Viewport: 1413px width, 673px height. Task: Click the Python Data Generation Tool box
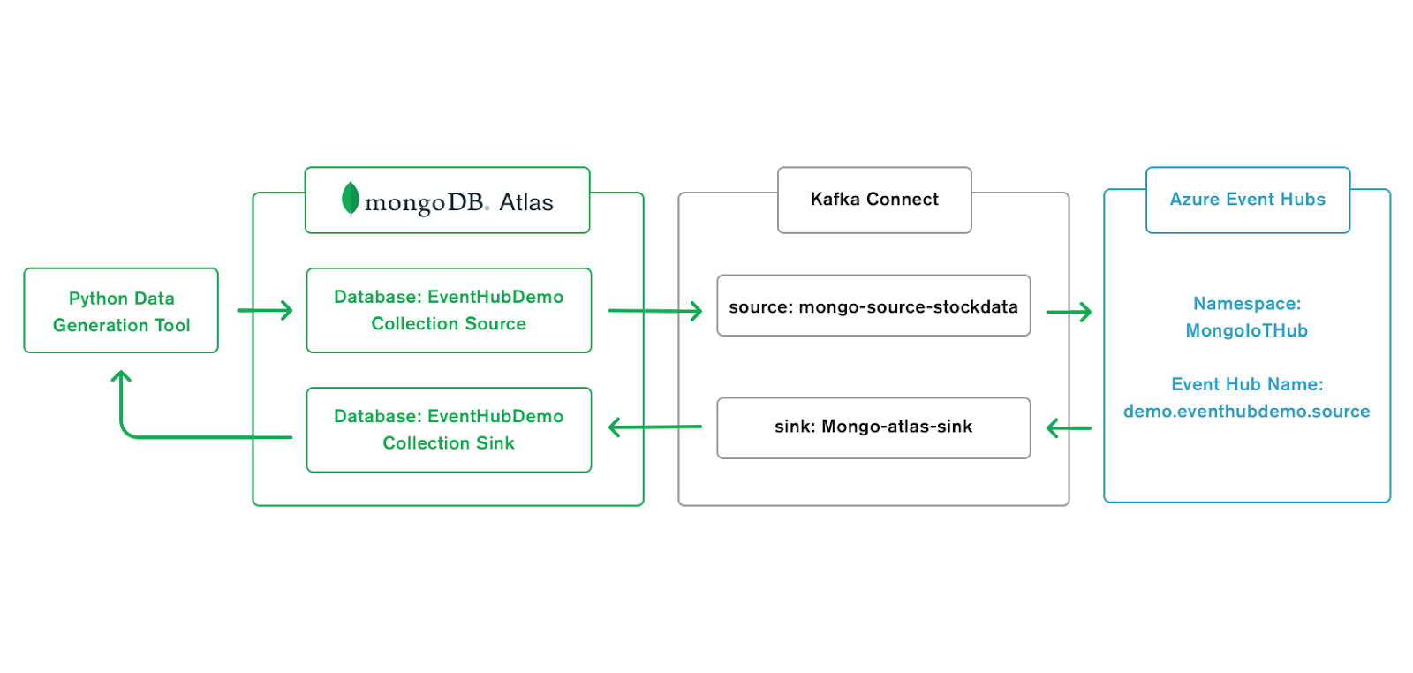121,311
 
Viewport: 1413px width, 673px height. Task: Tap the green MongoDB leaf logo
350,199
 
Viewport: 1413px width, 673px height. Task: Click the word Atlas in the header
525,202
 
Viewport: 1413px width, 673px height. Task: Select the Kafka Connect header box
874,200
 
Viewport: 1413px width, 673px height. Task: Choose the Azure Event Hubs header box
1247,200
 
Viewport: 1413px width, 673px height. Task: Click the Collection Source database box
449,310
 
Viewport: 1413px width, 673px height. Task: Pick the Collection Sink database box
449,429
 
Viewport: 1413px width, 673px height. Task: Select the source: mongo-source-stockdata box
873,306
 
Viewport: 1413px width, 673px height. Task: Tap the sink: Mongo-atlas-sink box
873,427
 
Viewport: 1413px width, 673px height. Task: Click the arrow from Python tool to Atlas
265,310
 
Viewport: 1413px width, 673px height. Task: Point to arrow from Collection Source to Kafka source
655,311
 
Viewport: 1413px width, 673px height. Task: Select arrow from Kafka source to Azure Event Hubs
1069,312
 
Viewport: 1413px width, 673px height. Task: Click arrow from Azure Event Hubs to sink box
1069,428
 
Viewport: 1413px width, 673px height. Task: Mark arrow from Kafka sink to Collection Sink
655,427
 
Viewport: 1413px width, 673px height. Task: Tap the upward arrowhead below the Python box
121,377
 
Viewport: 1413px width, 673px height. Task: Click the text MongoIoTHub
1246,331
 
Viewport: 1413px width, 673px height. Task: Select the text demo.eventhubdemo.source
1246,412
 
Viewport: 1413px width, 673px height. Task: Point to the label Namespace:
1246,304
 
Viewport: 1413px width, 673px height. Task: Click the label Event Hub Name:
1246,384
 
